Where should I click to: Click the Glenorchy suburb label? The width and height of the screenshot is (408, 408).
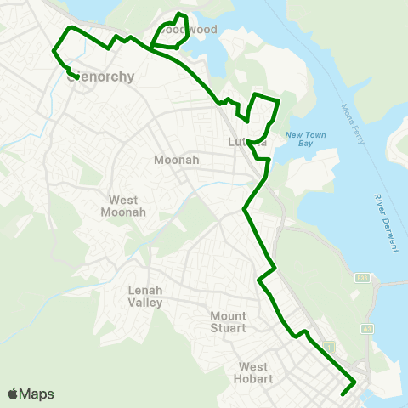point(100,76)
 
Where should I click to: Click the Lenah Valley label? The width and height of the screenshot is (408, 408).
point(145,296)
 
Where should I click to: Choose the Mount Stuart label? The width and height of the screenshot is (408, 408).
point(228,322)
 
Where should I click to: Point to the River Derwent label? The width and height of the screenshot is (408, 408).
point(385,223)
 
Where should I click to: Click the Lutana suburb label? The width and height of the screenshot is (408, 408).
point(248,143)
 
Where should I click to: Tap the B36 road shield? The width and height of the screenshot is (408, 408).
point(361,278)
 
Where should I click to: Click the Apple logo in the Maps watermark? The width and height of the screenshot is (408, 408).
point(14,394)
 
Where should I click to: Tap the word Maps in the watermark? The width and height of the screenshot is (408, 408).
point(37,394)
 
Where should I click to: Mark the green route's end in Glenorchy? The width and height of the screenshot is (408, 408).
point(77,77)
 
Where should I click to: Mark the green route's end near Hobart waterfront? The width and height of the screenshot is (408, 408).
point(342,394)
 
